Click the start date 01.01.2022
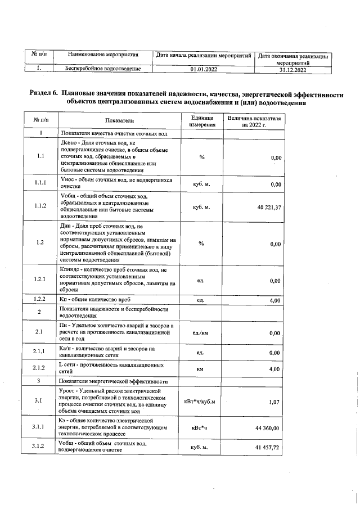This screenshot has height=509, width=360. [204, 69]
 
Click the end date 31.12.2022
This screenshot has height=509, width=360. [292, 70]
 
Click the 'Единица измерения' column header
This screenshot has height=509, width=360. [201, 121]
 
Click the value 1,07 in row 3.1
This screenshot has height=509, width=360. [274, 401]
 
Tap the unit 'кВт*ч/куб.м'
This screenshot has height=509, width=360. [200, 401]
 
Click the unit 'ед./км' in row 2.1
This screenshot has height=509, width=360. [201, 333]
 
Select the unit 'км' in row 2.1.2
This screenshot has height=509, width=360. [200, 369]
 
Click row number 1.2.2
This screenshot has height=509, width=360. [39, 300]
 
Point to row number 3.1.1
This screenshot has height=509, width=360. [39, 428]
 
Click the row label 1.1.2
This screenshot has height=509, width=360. [39, 206]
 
